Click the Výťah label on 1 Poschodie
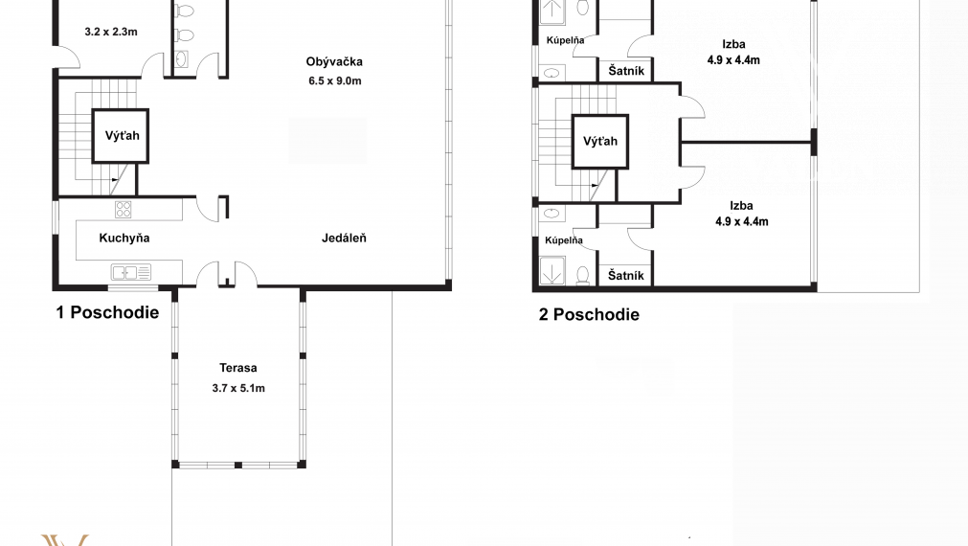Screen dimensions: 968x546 pos(122,136)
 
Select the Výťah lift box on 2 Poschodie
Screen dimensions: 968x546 pos(600,142)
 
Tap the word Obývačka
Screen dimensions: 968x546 pos(334,61)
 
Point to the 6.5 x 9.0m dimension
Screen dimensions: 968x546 pos(334,80)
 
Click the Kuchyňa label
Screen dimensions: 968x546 pos(124,239)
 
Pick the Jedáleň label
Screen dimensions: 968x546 pos(344,238)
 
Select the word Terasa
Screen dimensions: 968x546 pos(237,368)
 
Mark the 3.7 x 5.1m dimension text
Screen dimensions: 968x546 pos(238,388)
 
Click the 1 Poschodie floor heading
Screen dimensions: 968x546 pos(107,312)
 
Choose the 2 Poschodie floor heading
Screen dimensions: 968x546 pos(589,314)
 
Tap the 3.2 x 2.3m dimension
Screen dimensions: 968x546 pos(111,32)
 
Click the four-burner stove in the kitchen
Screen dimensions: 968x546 pos(124,210)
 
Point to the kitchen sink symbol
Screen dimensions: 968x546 pos(131,272)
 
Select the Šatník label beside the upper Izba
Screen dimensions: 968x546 pos(626,71)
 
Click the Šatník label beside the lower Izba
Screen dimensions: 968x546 pos(626,276)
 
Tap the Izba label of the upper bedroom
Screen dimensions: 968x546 pos(733,44)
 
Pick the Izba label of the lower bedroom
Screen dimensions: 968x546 pos(741,206)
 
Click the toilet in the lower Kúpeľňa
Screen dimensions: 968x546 pos(582,275)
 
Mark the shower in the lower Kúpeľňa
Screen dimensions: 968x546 pos(552,270)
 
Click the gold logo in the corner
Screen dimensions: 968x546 pos(65,540)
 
